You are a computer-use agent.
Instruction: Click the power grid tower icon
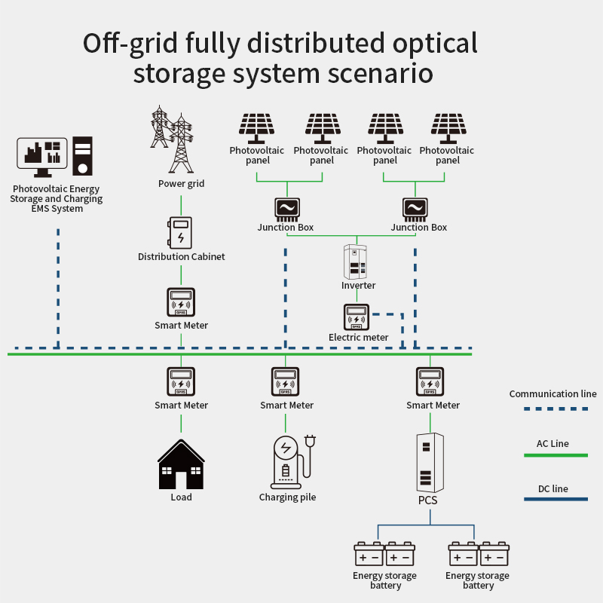point(171,139)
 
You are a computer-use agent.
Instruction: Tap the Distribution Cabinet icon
point(181,232)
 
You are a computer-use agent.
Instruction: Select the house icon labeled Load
point(181,465)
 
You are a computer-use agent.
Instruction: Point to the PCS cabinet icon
point(430,462)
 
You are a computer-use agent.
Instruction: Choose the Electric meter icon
point(357,317)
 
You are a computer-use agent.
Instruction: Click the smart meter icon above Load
point(181,381)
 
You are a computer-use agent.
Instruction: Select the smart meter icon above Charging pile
point(286,381)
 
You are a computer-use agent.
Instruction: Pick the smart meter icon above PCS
point(430,381)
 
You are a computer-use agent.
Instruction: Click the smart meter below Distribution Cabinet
point(181,302)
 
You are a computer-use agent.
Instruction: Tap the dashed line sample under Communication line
point(556,409)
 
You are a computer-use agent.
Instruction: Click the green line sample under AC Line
point(556,455)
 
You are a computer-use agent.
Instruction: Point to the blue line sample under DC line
point(556,499)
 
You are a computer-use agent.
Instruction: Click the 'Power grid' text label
point(181,183)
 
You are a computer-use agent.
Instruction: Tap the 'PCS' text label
point(428,500)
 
